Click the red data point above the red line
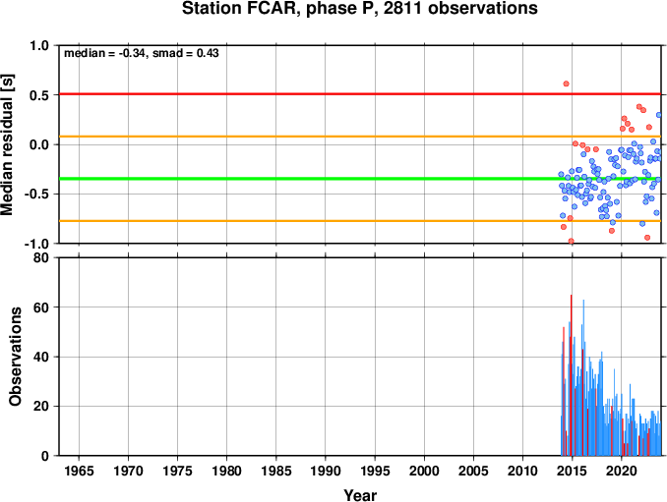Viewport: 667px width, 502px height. pyautogui.click(x=566, y=84)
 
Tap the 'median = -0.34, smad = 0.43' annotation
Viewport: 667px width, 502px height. pyautogui.click(x=142, y=53)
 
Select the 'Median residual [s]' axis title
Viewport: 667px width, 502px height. pyautogui.click(x=7, y=144)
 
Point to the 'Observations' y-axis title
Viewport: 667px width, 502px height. pyautogui.click(x=15, y=356)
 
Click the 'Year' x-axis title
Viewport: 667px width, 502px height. pyautogui.click(x=360, y=495)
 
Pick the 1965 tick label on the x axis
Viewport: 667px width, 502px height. pyautogui.click(x=79, y=471)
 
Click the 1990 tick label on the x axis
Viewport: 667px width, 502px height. pyautogui.click(x=326, y=471)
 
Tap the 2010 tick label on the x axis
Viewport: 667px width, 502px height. pyautogui.click(x=522, y=471)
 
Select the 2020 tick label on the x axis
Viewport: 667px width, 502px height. pyautogui.click(x=622, y=471)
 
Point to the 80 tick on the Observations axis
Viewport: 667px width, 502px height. pyautogui.click(x=41, y=257)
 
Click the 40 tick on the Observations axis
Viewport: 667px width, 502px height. pyautogui.click(x=41, y=357)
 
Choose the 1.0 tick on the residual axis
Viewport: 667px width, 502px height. pyautogui.click(x=39, y=45)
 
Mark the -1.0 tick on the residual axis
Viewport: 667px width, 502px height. pyautogui.click(x=36, y=244)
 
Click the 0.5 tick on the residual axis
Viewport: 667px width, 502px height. pyautogui.click(x=39, y=95)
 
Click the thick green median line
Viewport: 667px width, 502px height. pyautogui.click(x=360, y=179)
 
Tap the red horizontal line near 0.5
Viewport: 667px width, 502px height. pyautogui.click(x=360, y=94)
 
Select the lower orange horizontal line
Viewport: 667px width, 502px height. pyautogui.click(x=360, y=221)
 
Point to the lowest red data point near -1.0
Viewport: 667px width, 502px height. pyautogui.click(x=571, y=242)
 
